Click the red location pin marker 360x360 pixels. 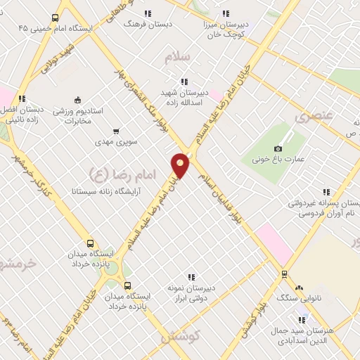pos(181,165)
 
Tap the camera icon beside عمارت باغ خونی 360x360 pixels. pos(278,148)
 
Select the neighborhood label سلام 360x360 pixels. pos(178,58)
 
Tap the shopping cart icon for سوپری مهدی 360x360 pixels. pos(115,131)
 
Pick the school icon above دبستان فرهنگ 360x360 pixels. pos(148,13)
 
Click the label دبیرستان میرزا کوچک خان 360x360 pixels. pos(226,27)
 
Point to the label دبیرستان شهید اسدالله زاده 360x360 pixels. pos(184,97)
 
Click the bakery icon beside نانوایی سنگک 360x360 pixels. pos(300,288)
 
